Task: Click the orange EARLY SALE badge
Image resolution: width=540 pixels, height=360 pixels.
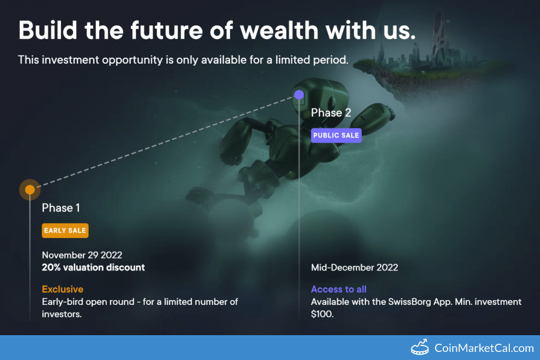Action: [65, 230]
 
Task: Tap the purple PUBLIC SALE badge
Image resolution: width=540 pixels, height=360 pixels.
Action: [336, 135]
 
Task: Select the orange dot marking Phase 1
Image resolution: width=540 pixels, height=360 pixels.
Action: [30, 189]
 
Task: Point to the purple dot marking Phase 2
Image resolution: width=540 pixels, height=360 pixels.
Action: [299, 94]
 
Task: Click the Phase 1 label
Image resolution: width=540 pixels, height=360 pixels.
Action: [61, 208]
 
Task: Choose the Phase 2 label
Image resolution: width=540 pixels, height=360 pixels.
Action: [331, 113]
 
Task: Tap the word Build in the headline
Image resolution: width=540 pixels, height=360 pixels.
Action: [48, 30]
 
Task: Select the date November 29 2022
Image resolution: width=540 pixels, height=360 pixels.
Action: [82, 255]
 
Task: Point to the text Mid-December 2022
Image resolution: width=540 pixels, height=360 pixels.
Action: [354, 267]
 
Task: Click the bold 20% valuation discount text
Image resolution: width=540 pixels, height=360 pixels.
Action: [93, 267]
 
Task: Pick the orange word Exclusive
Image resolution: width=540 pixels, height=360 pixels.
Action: [63, 289]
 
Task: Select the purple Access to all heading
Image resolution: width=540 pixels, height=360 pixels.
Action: [339, 289]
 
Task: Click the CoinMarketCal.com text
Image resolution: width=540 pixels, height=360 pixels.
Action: [484, 348]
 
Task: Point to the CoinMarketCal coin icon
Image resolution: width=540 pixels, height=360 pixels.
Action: [420, 347]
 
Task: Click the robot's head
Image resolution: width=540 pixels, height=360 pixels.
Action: [319, 97]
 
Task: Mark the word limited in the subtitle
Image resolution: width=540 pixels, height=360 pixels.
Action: [293, 60]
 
